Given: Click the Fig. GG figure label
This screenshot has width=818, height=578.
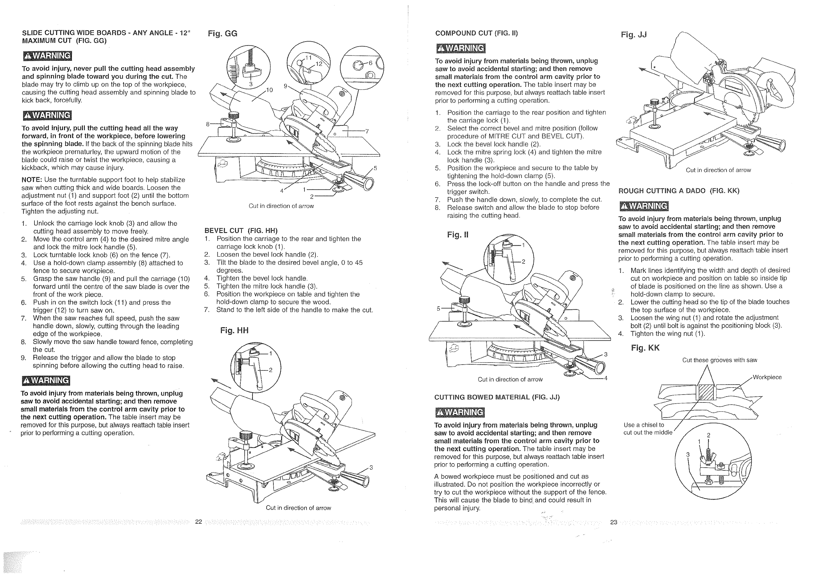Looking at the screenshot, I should coord(222,34).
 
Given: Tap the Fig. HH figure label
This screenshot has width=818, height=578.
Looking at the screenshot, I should coord(234,331).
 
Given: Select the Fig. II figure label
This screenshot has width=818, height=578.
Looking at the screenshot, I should coord(458,235).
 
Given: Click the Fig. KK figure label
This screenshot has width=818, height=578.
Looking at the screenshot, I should coord(645,348).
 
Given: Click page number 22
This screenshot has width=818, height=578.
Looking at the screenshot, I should coord(198,522).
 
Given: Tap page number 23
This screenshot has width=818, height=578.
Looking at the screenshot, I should coord(614,522).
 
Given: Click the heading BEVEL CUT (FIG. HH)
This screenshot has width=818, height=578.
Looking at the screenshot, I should coord(241,231).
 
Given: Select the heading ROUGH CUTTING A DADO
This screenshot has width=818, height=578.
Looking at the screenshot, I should coord(679,191).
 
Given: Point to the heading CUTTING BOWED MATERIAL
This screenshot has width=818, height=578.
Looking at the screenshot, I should coord(497,397).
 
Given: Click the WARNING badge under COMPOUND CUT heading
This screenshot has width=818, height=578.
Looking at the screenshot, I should coord(460,48).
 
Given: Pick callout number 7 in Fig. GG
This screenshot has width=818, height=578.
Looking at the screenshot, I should coord(367,131).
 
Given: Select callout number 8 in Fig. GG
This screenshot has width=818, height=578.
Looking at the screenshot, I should coord(208,124).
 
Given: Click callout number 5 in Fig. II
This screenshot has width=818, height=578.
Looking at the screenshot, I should coord(439,309).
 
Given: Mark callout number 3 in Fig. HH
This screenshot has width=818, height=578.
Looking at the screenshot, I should coord(371,468).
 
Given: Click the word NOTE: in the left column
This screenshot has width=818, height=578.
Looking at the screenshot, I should coord(32,180).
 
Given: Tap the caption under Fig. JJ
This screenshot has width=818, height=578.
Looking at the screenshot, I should coord(718,170).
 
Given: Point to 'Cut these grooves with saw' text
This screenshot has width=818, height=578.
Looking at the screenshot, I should coord(720,360).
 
